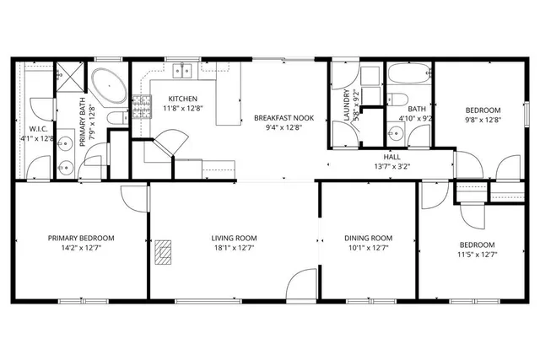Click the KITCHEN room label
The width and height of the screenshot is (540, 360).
coord(182,99)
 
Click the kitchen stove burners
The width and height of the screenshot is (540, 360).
coord(139,107)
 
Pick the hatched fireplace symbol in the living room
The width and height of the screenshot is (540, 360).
coord(164,250)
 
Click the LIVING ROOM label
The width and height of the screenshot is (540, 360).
coord(234,239)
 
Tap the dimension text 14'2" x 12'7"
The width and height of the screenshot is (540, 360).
coord(81,249)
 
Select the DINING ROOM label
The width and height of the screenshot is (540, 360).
coord(370,239)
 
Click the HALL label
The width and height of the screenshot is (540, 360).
coord(392,156)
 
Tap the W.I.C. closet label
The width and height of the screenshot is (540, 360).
coord(35,129)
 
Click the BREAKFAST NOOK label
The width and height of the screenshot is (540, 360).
coord(283,118)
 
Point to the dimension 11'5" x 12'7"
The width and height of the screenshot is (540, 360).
coord(476,255)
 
